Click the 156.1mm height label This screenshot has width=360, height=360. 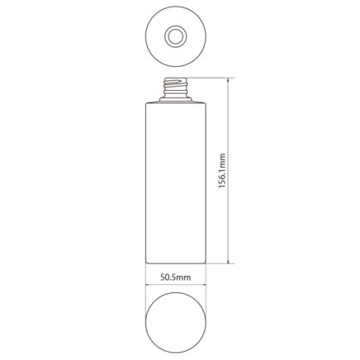pyautogui.click(x=222, y=171)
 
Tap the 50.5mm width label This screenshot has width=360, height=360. pyautogui.click(x=176, y=277)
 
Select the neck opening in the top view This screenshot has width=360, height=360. pyautogui.click(x=176, y=36)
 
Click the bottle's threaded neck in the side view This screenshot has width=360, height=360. pyautogui.click(x=176, y=87)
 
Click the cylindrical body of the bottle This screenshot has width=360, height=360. pyautogui.click(x=176, y=183)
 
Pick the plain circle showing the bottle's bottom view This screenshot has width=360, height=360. pyautogui.click(x=176, y=323)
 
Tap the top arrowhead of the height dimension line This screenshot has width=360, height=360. pyautogui.click(x=228, y=81)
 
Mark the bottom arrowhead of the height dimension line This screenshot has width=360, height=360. pyautogui.click(x=228, y=261)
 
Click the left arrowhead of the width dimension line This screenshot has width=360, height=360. pyautogui.click(x=148, y=285)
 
